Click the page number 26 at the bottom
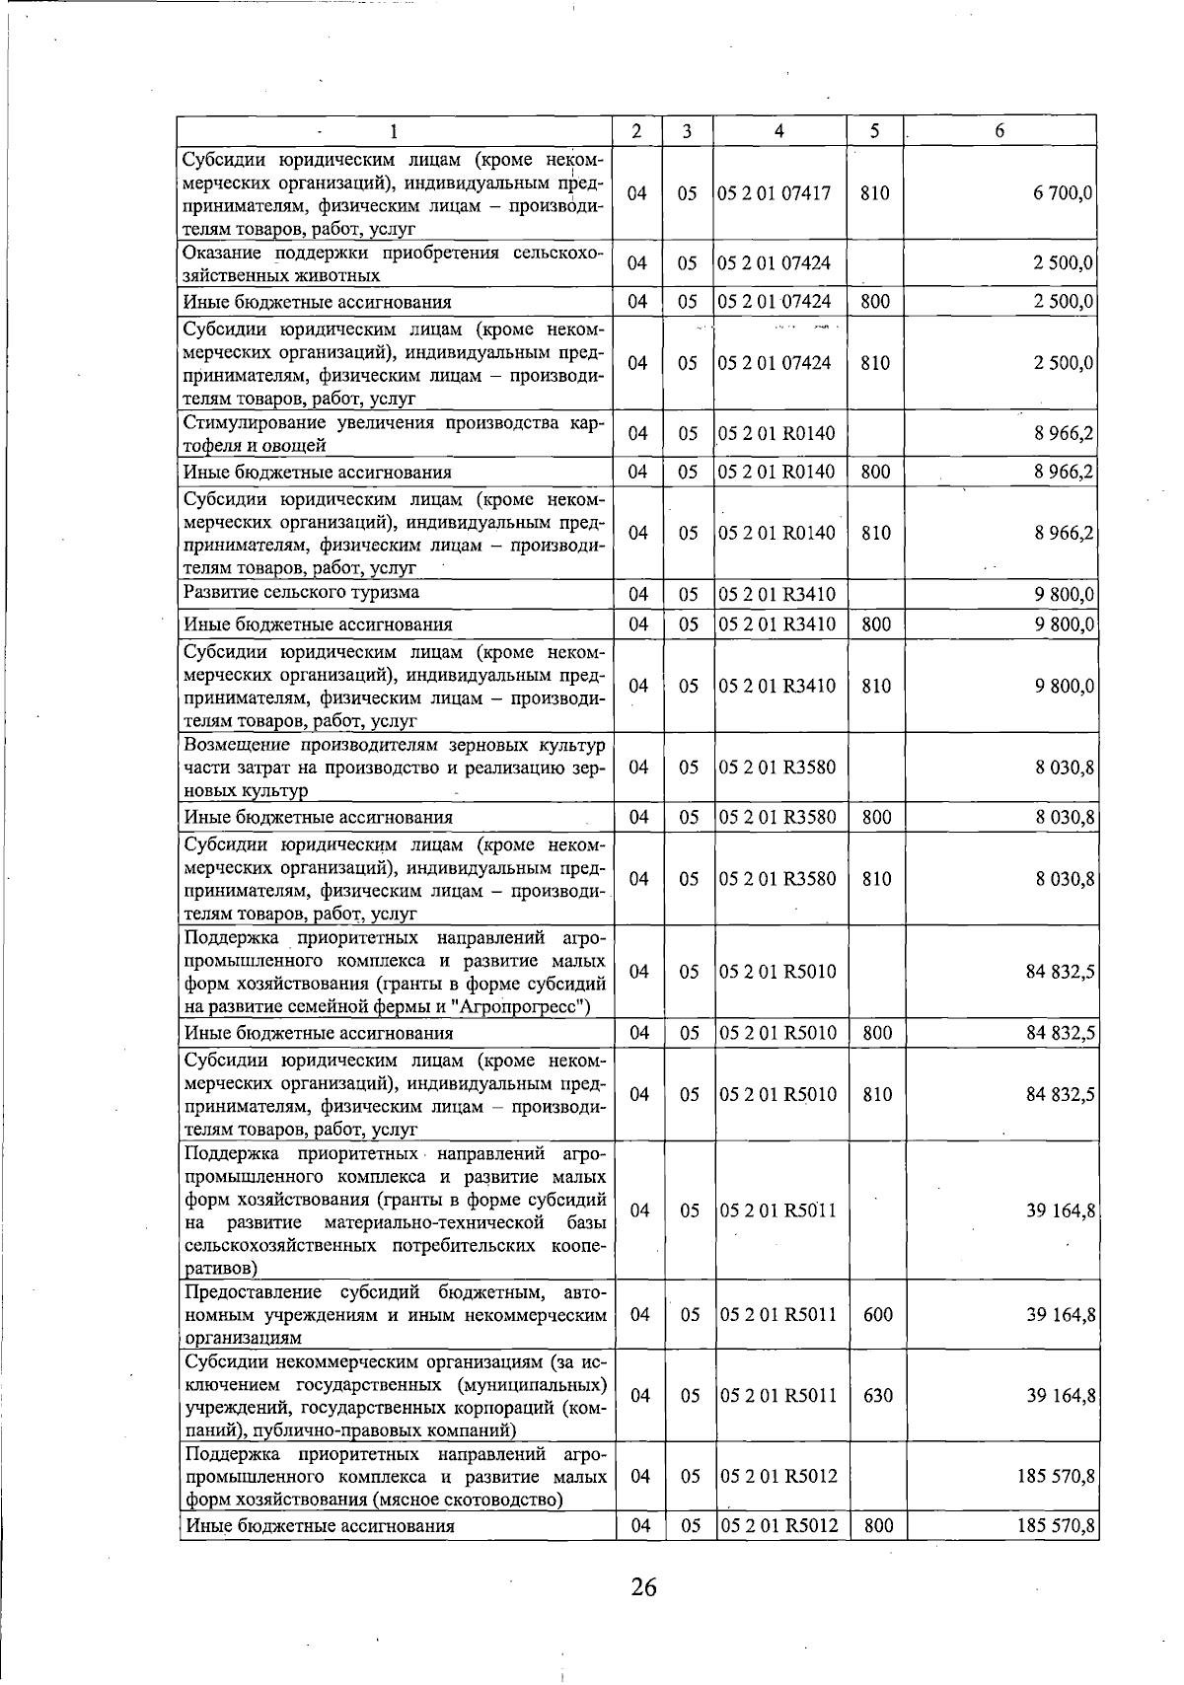point(643,1587)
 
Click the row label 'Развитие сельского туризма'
point(301,593)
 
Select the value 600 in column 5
point(877,1315)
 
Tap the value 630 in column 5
point(877,1396)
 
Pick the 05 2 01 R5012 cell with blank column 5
point(778,1477)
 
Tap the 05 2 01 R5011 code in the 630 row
point(778,1396)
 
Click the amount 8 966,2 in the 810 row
point(1064,534)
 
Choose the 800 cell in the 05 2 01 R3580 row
point(876,818)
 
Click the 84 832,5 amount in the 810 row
point(1060,1095)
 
